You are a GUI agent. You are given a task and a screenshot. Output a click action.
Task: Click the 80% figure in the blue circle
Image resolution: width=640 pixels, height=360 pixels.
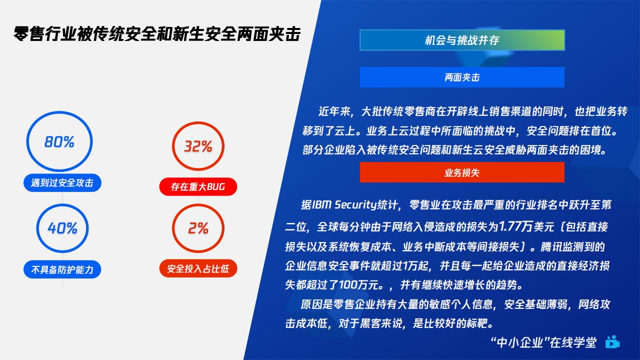[59, 141]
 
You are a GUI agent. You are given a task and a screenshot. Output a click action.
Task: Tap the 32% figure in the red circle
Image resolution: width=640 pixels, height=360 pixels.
[198, 146]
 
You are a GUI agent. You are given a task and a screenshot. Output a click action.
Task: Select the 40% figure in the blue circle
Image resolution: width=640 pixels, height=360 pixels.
[62, 228]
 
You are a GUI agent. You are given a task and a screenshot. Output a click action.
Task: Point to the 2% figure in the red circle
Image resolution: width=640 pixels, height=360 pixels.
[198, 228]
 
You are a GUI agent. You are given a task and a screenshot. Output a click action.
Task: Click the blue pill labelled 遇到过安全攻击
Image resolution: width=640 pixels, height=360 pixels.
[62, 183]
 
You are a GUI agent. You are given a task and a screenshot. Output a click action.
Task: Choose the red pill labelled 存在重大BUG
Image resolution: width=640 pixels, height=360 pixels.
[198, 186]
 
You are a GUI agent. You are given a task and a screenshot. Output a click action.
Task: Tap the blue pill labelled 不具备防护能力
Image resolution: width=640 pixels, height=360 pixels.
[62, 269]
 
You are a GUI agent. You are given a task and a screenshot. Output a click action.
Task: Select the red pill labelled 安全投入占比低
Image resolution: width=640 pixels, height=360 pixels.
[198, 268]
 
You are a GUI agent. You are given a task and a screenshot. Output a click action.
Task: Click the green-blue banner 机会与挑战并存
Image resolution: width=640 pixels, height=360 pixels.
[462, 40]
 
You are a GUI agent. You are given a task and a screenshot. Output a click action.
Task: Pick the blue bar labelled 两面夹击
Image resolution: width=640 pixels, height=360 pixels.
[462, 77]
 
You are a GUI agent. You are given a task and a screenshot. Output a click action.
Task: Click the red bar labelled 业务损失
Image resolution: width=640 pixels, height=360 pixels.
[462, 172]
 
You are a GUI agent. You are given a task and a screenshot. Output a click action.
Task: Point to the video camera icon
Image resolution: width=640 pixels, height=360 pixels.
[612, 342]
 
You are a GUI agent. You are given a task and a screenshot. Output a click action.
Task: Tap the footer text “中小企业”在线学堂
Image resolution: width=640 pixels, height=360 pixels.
[543, 342]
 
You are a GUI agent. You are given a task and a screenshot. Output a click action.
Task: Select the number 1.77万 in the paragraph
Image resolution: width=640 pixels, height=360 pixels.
[515, 226]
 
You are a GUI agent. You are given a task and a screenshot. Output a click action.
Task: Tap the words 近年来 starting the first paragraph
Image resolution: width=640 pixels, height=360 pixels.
[334, 111]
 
